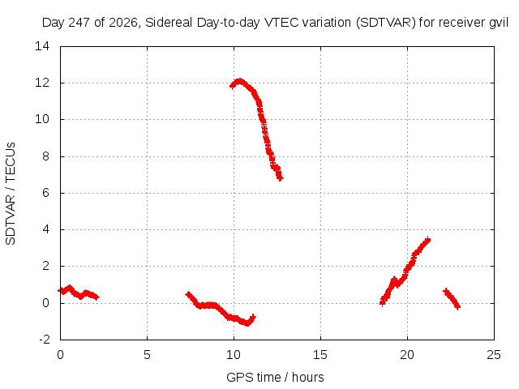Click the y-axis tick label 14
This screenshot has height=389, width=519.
pyautogui.click(x=42, y=46)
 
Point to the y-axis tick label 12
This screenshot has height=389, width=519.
pyautogui.click(x=42, y=83)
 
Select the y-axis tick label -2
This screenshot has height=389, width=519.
pyautogui.click(x=45, y=340)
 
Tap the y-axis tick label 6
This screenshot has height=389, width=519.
pyautogui.click(x=45, y=193)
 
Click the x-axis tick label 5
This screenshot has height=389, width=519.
pyautogui.click(x=147, y=355)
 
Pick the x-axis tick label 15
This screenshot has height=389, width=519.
pyautogui.click(x=320, y=355)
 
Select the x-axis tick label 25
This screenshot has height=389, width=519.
pyautogui.click(x=494, y=355)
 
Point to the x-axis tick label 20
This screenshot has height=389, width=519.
pyautogui.click(x=407, y=355)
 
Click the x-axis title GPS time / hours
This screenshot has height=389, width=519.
pyautogui.click(x=275, y=377)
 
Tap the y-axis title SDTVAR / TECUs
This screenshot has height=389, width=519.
pyautogui.click(x=11, y=194)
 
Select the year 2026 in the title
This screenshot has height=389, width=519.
pyautogui.click(x=123, y=23)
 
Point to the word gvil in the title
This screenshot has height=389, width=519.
pyautogui.click(x=499, y=23)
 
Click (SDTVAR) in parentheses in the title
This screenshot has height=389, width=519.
pyautogui.click(x=386, y=23)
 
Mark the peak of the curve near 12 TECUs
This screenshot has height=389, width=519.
pyautogui.click(x=239, y=80)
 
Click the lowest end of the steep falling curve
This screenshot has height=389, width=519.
pyautogui.click(x=281, y=179)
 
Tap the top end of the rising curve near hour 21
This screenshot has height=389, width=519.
pyautogui.click(x=428, y=239)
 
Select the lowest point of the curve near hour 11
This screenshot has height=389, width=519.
pyautogui.click(x=247, y=323)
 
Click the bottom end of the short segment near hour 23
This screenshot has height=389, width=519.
pyautogui.click(x=457, y=307)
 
